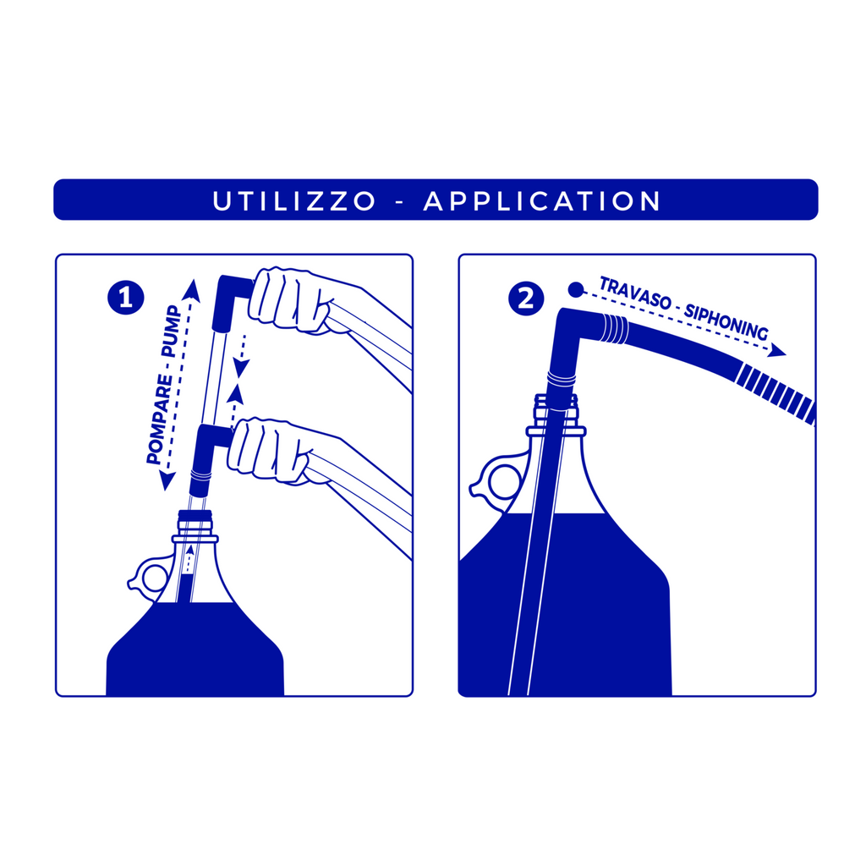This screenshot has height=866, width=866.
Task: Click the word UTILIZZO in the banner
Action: pos(293,201)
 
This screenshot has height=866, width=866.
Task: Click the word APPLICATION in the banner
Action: pos(542,201)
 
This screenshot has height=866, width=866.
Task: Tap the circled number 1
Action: pos(126,299)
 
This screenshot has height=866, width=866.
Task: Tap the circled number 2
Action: pos(526,299)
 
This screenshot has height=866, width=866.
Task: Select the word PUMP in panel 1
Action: pos(171,332)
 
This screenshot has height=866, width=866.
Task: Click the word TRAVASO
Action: pos(634,293)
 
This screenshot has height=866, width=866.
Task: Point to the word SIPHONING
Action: pos(726,321)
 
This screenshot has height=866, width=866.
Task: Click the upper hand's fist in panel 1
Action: pos(289,301)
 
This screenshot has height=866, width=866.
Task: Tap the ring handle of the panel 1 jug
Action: pos(148,577)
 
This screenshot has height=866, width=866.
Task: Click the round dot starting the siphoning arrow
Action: pos(576,289)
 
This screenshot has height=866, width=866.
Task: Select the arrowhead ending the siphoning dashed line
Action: pos(778,350)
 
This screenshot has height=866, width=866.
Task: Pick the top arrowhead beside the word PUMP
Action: pos(191,290)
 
